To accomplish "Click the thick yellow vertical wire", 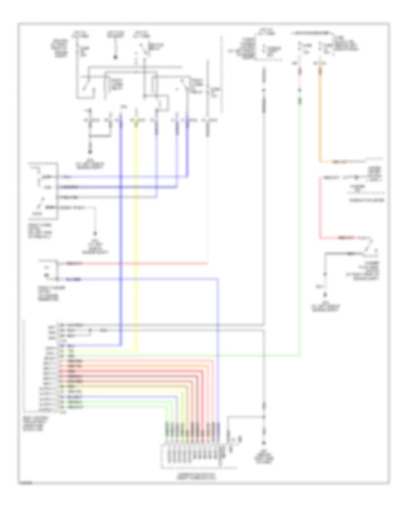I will [136, 230].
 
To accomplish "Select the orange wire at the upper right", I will [320, 115].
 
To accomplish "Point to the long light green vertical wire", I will [300, 230].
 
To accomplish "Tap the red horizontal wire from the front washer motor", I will [138, 264].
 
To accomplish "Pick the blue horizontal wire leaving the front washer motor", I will [138, 279].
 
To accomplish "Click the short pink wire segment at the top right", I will [300, 76].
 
